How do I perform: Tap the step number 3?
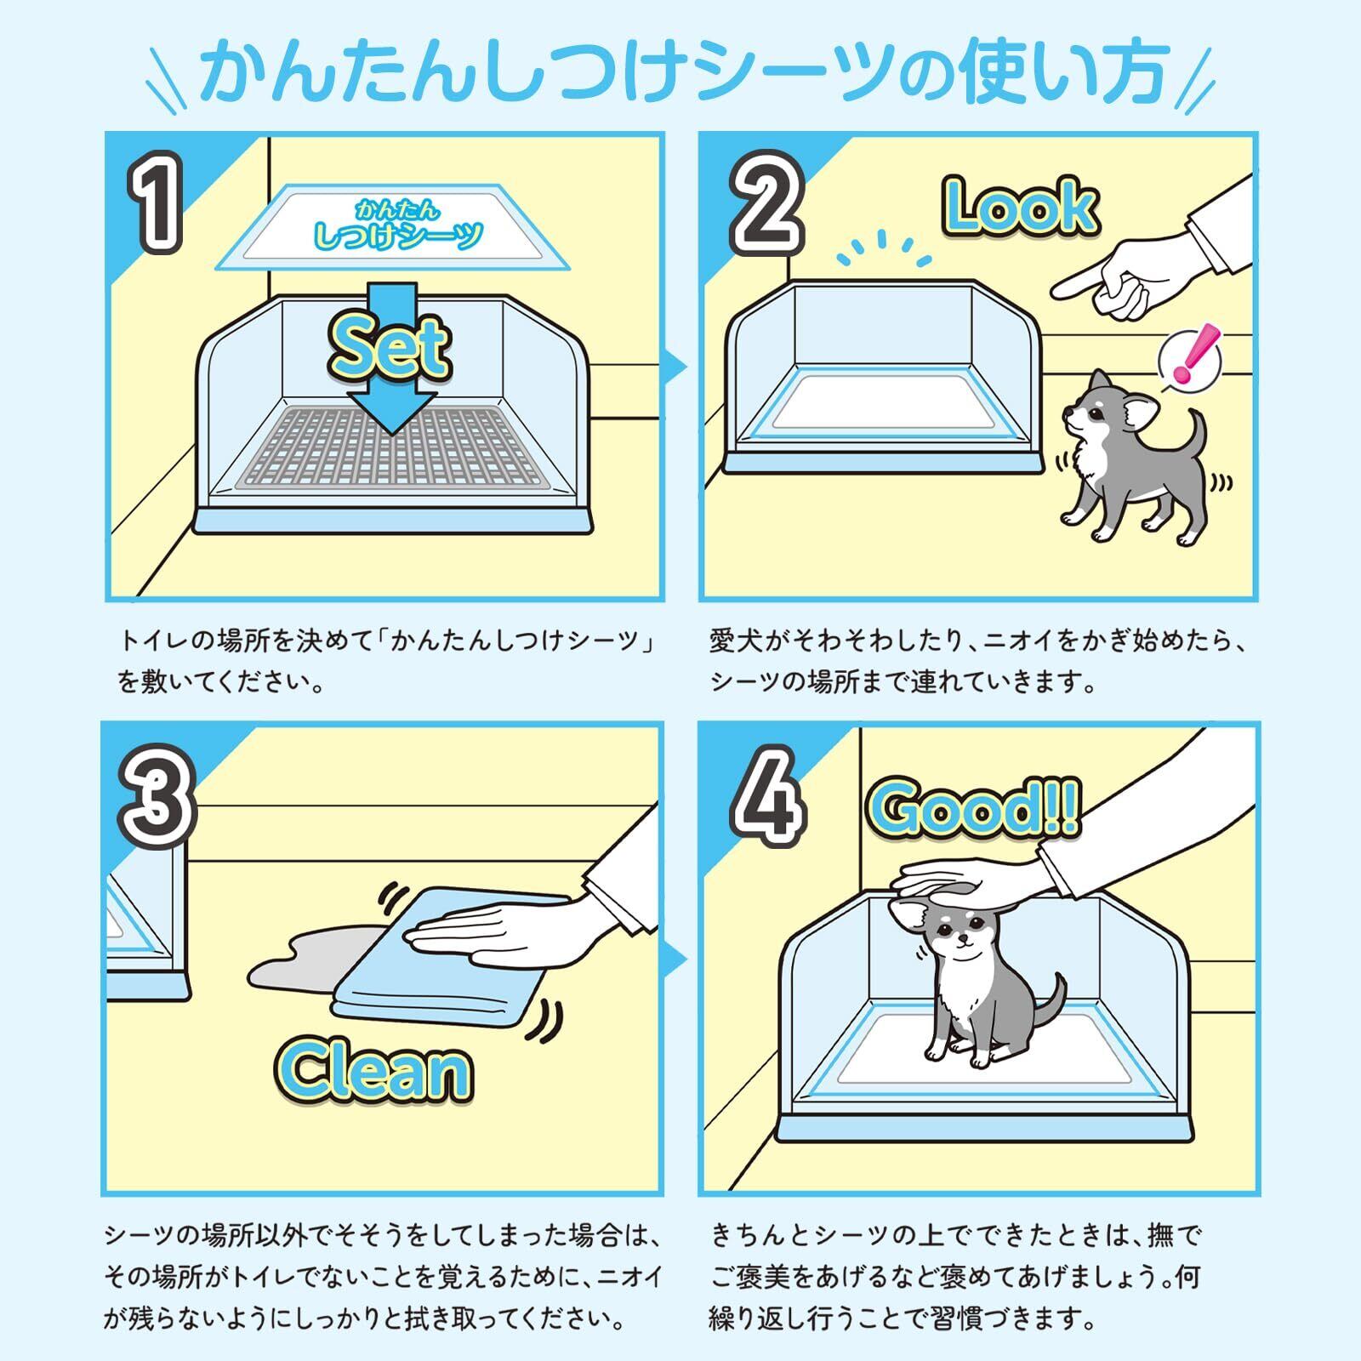coord(157,795)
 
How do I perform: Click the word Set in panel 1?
coord(390,347)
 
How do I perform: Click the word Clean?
coord(373,1071)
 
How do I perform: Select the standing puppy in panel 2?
coord(1131,456)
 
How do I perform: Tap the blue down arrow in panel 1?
coord(391,357)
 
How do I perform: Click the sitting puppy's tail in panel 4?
coord(1049,1009)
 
